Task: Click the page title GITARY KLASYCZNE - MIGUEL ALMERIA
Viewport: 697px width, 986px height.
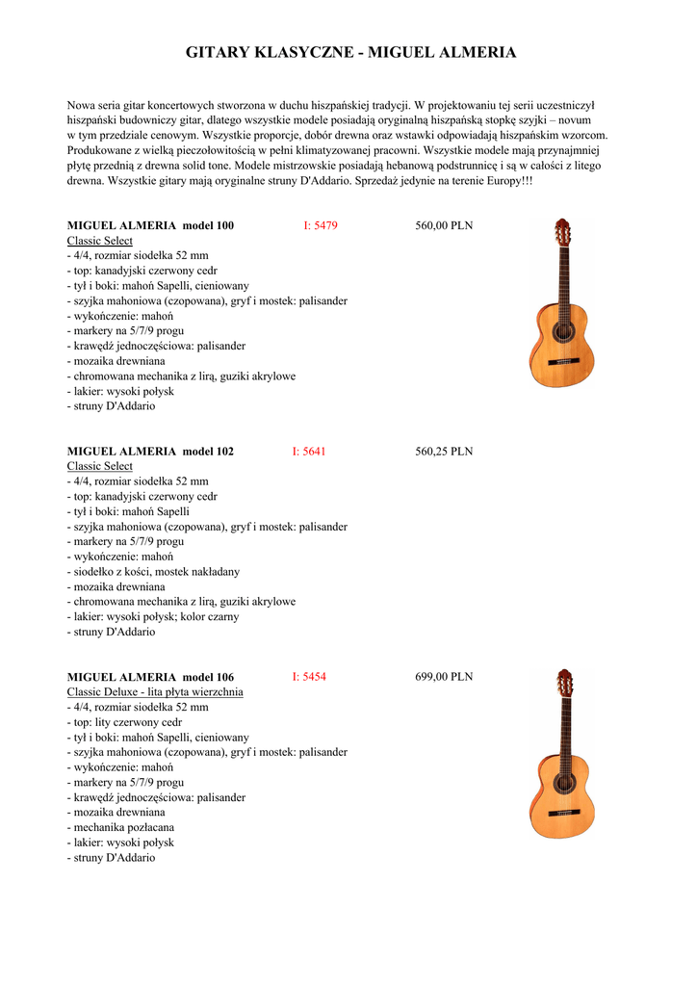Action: point(350,52)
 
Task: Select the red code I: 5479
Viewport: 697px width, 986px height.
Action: point(321,225)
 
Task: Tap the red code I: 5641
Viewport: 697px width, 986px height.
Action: point(309,451)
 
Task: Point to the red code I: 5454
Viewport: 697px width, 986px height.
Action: point(309,677)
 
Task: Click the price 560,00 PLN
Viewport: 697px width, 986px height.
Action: point(444,225)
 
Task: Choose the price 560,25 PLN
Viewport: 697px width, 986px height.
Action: point(444,451)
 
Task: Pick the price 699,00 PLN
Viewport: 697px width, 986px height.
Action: point(444,677)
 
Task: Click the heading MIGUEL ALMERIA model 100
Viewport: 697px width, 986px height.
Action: point(150,225)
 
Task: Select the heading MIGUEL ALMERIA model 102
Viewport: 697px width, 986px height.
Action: point(150,451)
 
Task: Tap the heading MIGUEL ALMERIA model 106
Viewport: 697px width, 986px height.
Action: point(150,677)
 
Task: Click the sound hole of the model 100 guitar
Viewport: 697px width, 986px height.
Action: point(561,332)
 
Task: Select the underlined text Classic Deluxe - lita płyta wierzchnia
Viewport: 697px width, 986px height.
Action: point(155,691)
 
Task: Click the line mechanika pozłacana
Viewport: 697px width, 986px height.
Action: point(120,827)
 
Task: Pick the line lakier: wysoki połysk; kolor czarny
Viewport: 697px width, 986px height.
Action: point(153,616)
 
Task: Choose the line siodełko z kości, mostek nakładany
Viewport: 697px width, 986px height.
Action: point(153,571)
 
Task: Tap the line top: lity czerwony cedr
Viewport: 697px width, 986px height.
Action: point(124,722)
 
